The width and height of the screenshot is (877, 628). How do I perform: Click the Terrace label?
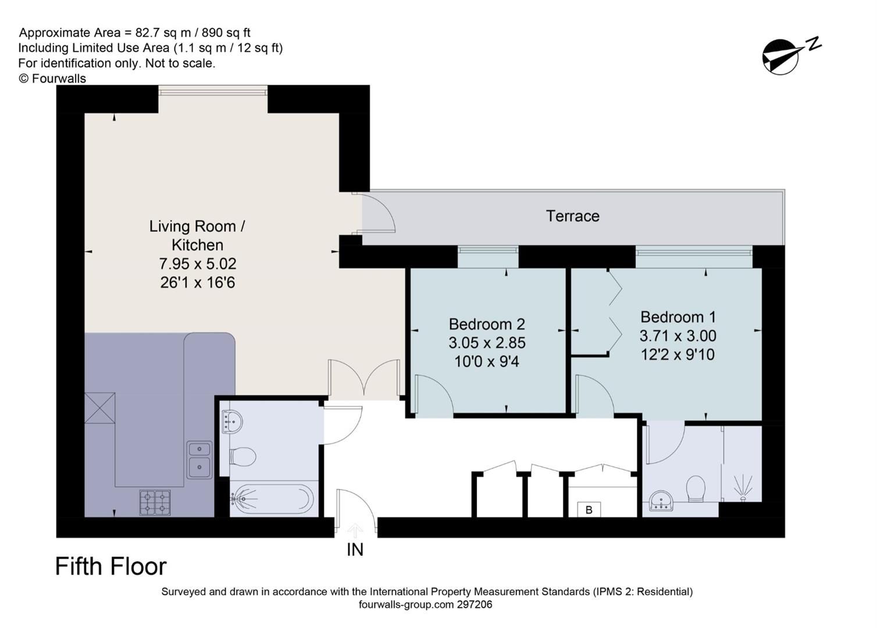pos(572,216)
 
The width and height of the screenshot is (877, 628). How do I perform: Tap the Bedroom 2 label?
pos(487,324)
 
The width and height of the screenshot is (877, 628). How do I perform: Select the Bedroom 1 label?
pos(678,317)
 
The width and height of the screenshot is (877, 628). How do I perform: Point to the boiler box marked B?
pos(589,510)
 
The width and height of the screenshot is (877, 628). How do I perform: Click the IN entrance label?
pos(355,550)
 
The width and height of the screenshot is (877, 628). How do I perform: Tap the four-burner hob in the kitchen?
pos(155,503)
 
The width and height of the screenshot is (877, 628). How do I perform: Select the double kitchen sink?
pos(199,460)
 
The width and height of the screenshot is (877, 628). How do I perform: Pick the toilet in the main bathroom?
pos(243,456)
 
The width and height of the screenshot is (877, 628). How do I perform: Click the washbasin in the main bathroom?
pos(232,422)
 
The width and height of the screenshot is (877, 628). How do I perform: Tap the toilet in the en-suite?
pos(696,488)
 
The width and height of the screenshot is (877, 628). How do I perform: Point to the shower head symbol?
pos(742,488)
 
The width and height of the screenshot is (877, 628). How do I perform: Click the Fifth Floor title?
pos(111,566)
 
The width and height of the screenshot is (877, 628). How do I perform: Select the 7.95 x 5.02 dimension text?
pos(198,264)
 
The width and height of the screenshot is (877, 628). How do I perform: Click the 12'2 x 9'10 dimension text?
pos(678,355)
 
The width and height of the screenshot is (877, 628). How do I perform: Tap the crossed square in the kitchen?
pos(100,408)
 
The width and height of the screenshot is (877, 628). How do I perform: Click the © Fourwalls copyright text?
pos(52,78)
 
